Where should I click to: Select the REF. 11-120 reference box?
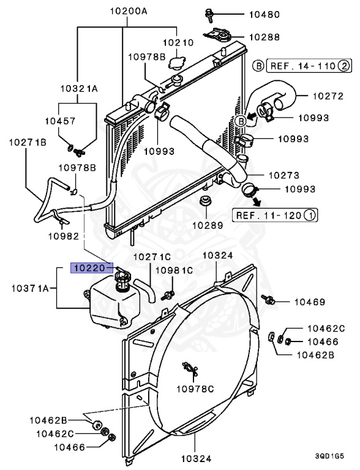[x=275, y=215]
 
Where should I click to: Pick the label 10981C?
[x=173, y=270]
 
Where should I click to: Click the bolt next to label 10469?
[x=268, y=299]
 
